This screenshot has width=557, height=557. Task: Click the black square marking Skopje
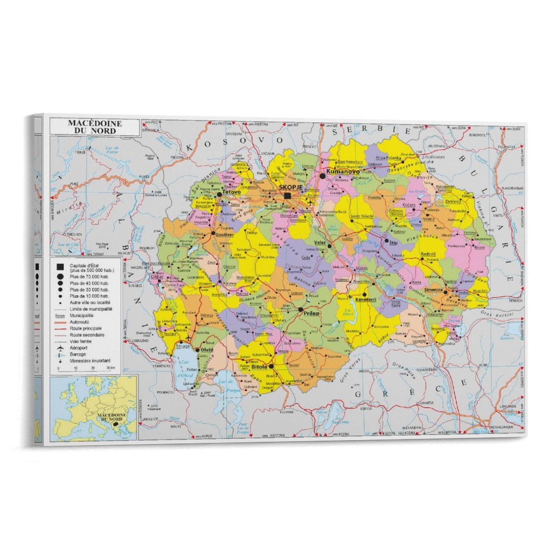pos(287,196)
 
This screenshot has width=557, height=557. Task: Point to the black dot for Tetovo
pos(219,194)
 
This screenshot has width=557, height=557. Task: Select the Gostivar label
pos(225,235)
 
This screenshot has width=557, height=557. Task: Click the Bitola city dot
pos(271,366)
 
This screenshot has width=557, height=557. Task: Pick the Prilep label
pos(311,313)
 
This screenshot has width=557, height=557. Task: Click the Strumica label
pos(433,290)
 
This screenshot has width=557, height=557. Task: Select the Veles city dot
pos(329,246)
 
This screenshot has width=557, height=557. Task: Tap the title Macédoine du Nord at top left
pos(95,127)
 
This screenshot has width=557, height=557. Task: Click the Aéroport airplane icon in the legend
pos(61,348)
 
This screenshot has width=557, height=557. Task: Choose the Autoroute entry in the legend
pos(79,322)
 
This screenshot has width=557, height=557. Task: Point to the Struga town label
pos(182,346)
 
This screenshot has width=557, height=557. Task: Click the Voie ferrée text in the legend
pos(80,342)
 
